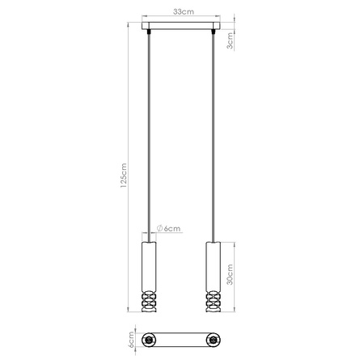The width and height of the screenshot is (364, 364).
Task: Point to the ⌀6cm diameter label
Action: (168, 229)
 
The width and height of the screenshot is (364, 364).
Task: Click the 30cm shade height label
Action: (231, 277)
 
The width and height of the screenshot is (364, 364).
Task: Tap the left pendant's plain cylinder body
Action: (147, 265)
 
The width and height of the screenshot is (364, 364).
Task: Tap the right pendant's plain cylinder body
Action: (214, 265)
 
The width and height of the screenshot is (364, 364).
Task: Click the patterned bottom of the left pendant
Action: (147, 303)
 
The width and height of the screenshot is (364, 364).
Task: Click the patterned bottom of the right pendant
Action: (214, 303)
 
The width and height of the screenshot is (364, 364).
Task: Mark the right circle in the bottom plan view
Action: (214, 339)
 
